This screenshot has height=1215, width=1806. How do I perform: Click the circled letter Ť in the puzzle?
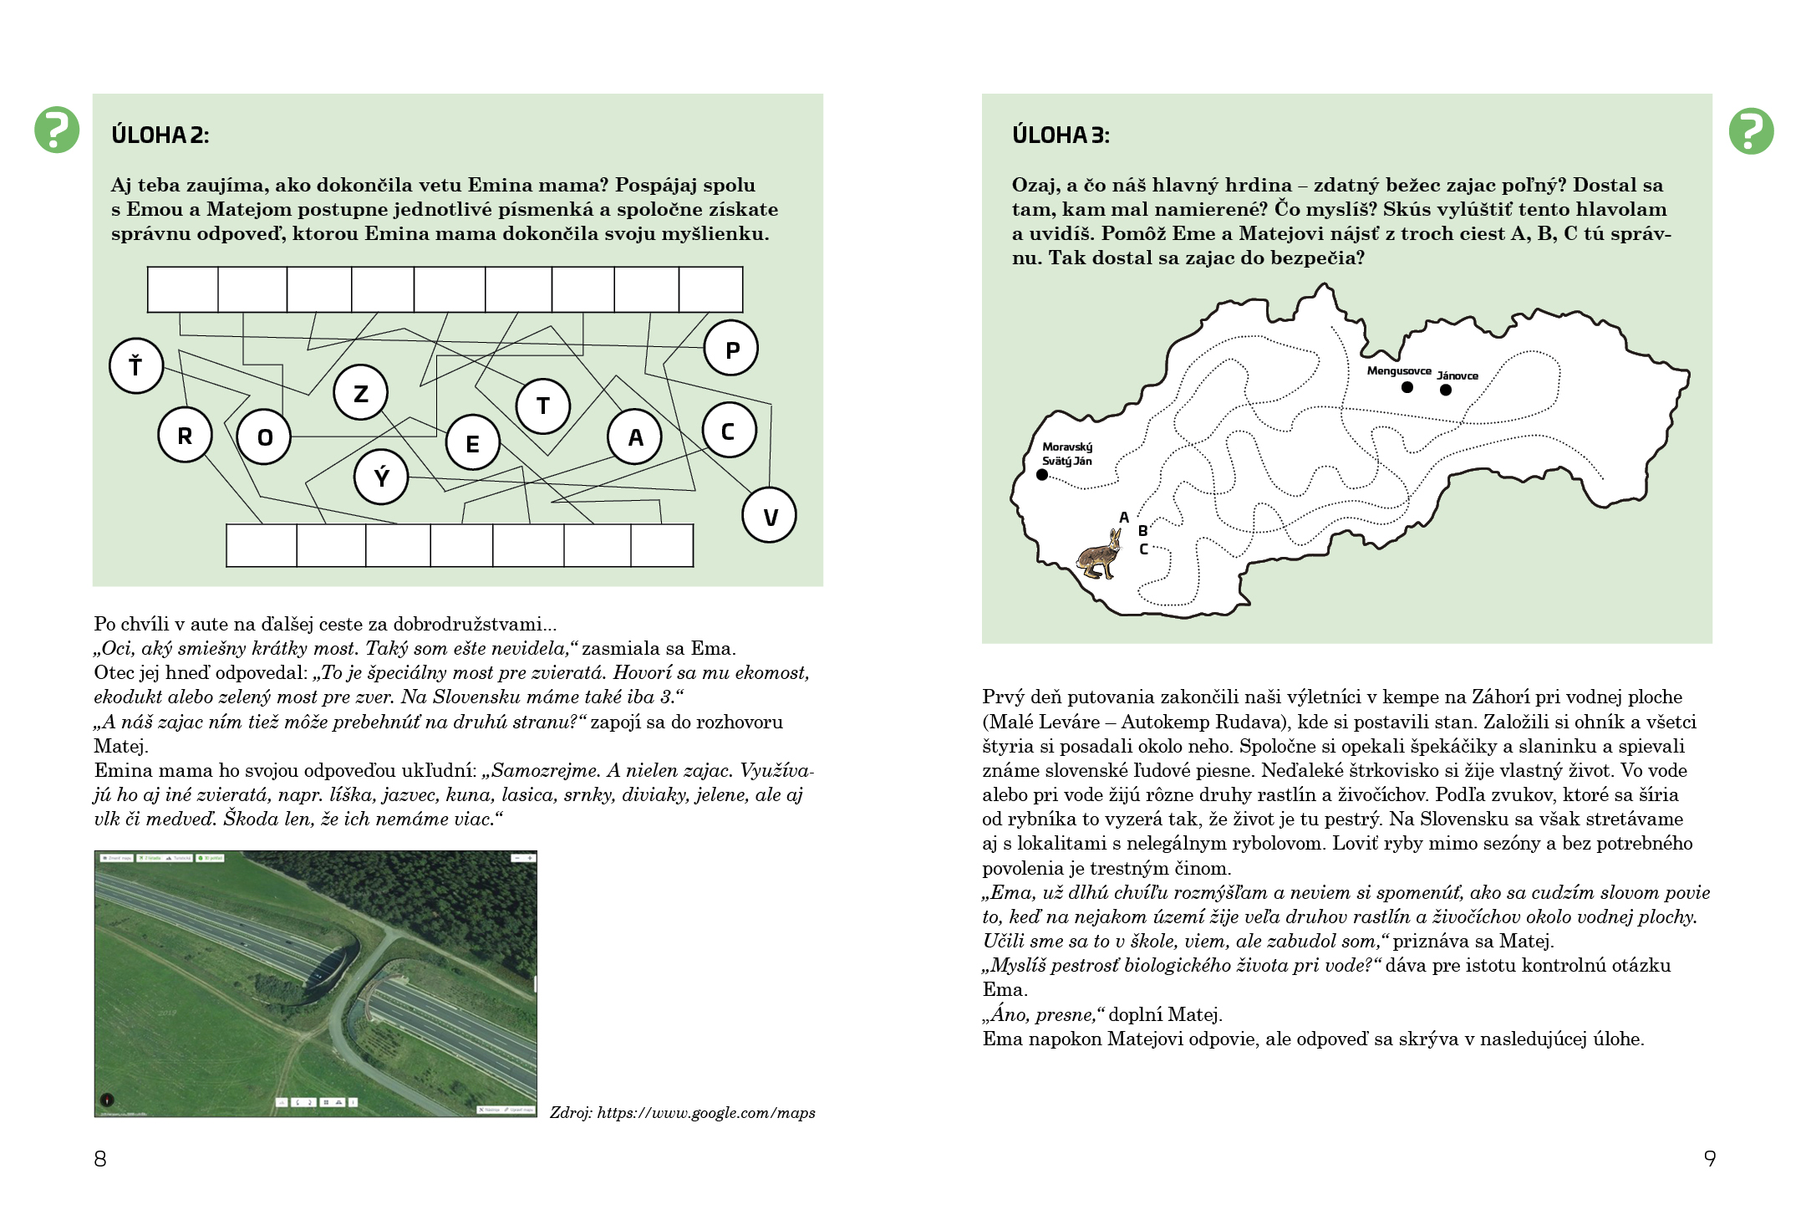point(136,365)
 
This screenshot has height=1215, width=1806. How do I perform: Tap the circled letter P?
point(731,349)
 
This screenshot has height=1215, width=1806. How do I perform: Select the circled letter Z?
point(360,392)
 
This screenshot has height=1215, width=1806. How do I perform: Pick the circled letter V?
point(769,516)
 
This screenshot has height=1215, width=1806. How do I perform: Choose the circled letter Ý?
point(381,477)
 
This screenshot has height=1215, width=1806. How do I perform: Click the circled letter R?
point(185,436)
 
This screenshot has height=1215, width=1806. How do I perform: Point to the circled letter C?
point(729,431)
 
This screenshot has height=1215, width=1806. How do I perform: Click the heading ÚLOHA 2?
point(160,135)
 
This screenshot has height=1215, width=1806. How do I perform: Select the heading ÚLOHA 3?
point(1061,135)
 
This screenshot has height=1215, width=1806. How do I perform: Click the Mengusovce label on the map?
point(1398,370)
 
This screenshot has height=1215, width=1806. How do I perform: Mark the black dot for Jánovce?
point(1446,390)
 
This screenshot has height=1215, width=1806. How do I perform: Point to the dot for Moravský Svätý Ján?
point(1042,475)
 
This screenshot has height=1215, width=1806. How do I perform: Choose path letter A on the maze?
point(1124,518)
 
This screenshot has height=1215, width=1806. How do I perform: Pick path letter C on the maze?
point(1143,549)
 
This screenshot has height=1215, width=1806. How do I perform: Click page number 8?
point(100,1159)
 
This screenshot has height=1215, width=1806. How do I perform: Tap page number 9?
point(1710,1159)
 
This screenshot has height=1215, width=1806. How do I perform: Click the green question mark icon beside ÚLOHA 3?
point(1751,131)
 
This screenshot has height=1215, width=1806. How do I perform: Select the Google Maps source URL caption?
point(682,1113)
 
